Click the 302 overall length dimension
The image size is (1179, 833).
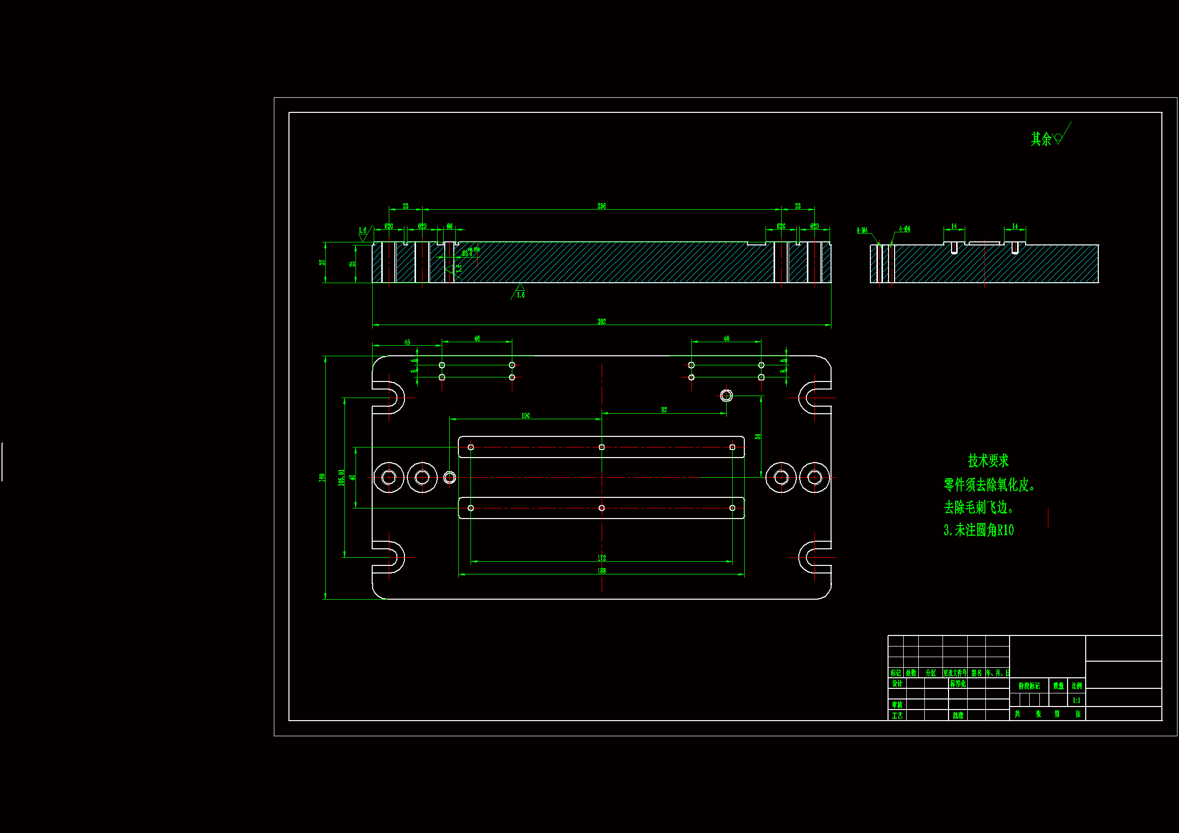(601, 322)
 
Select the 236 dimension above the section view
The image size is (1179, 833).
(601, 206)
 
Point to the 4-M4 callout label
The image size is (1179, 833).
(862, 230)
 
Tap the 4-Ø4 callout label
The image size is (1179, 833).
(904, 229)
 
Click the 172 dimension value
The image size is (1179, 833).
(601, 558)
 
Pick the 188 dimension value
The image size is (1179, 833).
(601, 571)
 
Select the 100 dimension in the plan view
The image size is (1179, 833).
(525, 416)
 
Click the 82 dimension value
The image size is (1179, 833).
(664, 410)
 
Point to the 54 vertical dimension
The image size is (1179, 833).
(757, 436)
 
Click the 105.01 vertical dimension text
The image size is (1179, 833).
(341, 477)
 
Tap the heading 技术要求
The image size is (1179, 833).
(988, 461)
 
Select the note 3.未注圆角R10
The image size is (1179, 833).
(978, 530)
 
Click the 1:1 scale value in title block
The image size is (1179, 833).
(1076, 700)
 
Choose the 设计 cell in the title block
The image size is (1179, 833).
(897, 684)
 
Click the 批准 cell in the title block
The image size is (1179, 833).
(958, 715)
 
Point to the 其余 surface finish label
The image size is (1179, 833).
(1041, 139)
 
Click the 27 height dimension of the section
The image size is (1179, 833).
(322, 262)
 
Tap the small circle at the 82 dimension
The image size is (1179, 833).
(726, 395)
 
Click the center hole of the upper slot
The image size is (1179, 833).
(601, 447)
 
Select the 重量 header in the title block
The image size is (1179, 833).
(1058, 686)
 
